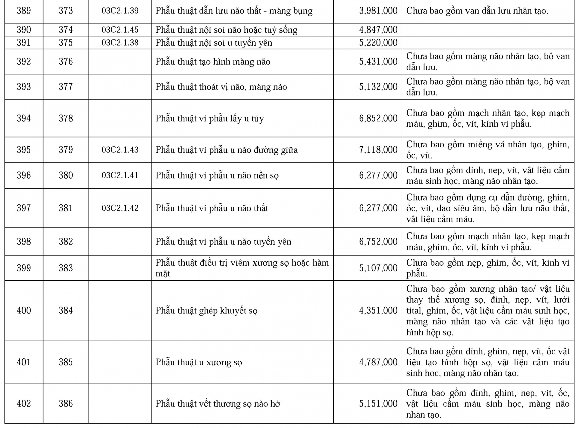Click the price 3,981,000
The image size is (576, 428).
(378, 11)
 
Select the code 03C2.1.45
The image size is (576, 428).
(120, 30)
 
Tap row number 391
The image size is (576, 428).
(24, 43)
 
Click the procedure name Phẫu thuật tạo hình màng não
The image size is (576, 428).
(213, 62)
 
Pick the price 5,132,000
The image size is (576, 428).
(378, 87)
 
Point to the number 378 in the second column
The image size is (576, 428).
(66, 118)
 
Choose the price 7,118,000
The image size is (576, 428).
(378, 150)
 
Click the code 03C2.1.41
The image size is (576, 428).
(120, 175)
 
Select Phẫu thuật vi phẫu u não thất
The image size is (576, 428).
(211, 208)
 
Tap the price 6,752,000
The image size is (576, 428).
(378, 242)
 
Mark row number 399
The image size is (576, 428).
(24, 268)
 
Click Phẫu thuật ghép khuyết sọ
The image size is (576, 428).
(206, 311)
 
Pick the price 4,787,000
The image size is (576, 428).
(378, 362)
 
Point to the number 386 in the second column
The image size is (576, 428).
(66, 404)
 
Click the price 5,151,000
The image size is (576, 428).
(378, 404)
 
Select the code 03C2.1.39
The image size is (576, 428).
(120, 11)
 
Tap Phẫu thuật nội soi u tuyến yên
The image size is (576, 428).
(214, 43)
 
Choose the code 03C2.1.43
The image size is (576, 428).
(120, 150)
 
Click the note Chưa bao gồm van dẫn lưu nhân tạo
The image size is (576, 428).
(477, 11)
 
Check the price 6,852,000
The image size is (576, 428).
(378, 118)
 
